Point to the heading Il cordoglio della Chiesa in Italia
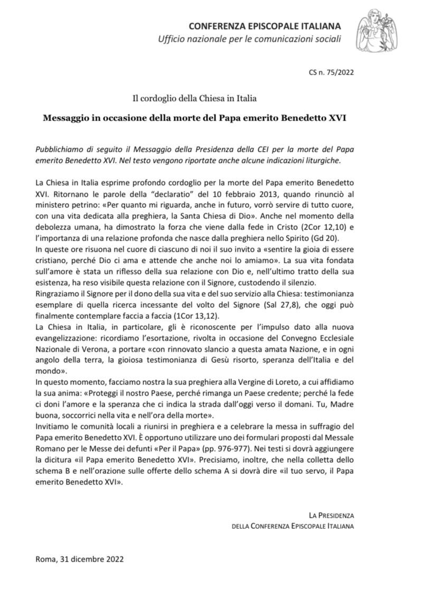click(194, 98)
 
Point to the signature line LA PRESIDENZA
click(331, 515)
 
